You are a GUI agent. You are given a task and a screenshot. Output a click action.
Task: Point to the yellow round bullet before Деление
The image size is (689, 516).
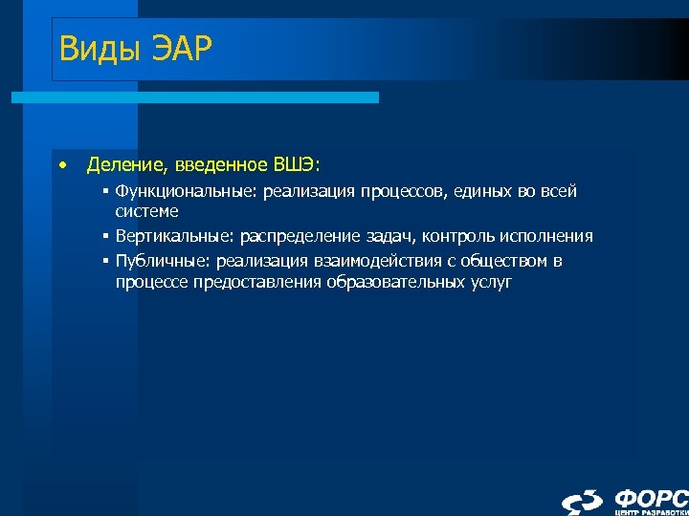61,164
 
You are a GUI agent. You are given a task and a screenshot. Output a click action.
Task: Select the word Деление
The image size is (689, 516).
124,165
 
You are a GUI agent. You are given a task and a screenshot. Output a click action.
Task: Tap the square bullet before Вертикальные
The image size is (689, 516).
107,236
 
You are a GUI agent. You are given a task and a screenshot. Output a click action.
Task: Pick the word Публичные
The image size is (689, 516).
154,261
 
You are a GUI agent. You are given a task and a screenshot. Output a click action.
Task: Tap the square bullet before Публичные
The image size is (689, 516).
107,261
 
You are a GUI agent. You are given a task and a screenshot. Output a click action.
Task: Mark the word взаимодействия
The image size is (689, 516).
360,261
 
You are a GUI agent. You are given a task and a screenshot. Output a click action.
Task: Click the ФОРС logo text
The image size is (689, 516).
650,497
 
